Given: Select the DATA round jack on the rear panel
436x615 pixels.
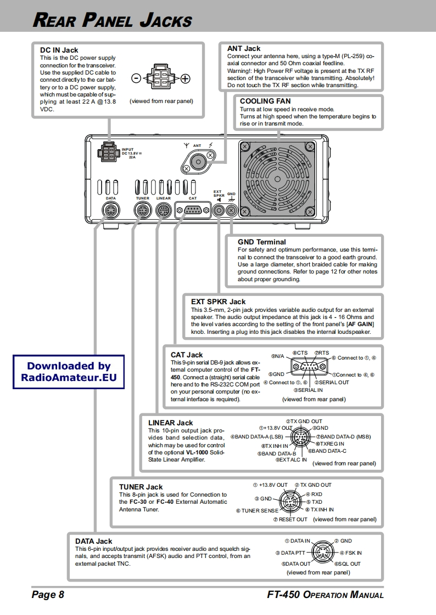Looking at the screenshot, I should coord(110,209).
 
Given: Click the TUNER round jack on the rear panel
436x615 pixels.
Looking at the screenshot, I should coord(142,210).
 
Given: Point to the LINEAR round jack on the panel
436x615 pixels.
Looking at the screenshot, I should coord(163,210).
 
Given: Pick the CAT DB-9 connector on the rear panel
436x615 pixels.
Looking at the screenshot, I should coord(192,209).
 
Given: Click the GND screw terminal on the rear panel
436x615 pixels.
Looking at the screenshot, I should coord(231,209).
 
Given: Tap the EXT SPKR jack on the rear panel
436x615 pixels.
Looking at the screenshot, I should coord(219,209).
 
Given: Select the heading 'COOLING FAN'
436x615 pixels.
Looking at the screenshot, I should coord(265,101).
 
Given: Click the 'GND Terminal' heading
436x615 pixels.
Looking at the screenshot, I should coord(262,242).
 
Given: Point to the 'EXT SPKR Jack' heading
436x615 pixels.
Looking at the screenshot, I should coord(219,301).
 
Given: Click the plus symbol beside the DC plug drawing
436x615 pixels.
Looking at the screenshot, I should coord(186,78).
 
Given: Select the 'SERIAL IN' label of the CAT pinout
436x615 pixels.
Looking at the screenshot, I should coord(308,390).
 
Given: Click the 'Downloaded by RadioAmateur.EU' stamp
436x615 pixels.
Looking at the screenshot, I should coord(69,372).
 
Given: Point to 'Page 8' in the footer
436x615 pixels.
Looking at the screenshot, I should coord(48,595).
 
